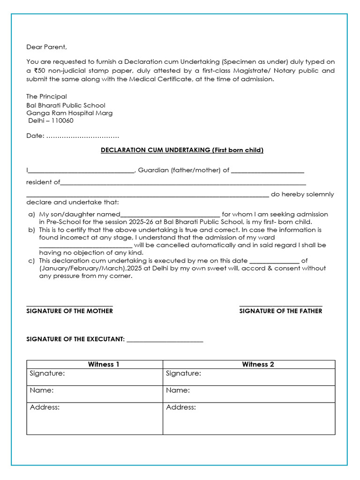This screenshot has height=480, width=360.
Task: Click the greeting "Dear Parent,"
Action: pyautogui.click(x=46, y=46)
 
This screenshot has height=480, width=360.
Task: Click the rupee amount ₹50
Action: pyautogui.click(x=39, y=70)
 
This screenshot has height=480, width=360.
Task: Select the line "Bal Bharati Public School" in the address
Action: pyautogui.click(x=66, y=105)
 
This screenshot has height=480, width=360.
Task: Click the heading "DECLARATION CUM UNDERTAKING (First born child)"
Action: pyautogui.click(x=182, y=150)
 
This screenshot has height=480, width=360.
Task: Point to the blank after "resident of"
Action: pyautogui.click(x=183, y=182)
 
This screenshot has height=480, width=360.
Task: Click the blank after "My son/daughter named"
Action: pyautogui.click(x=170, y=214)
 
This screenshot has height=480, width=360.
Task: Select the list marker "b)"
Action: pyautogui.click(x=31, y=230)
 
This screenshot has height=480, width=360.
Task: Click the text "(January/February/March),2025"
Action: pyautogui.click(x=83, y=268)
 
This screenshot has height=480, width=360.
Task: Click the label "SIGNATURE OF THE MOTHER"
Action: pyautogui.click(x=69, y=311)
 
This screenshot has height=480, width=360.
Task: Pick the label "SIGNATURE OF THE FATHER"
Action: pyautogui.click(x=280, y=311)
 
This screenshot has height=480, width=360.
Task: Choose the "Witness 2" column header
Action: pyautogui.click(x=258, y=364)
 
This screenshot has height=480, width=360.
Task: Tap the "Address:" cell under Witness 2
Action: pyautogui.click(x=249, y=418)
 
